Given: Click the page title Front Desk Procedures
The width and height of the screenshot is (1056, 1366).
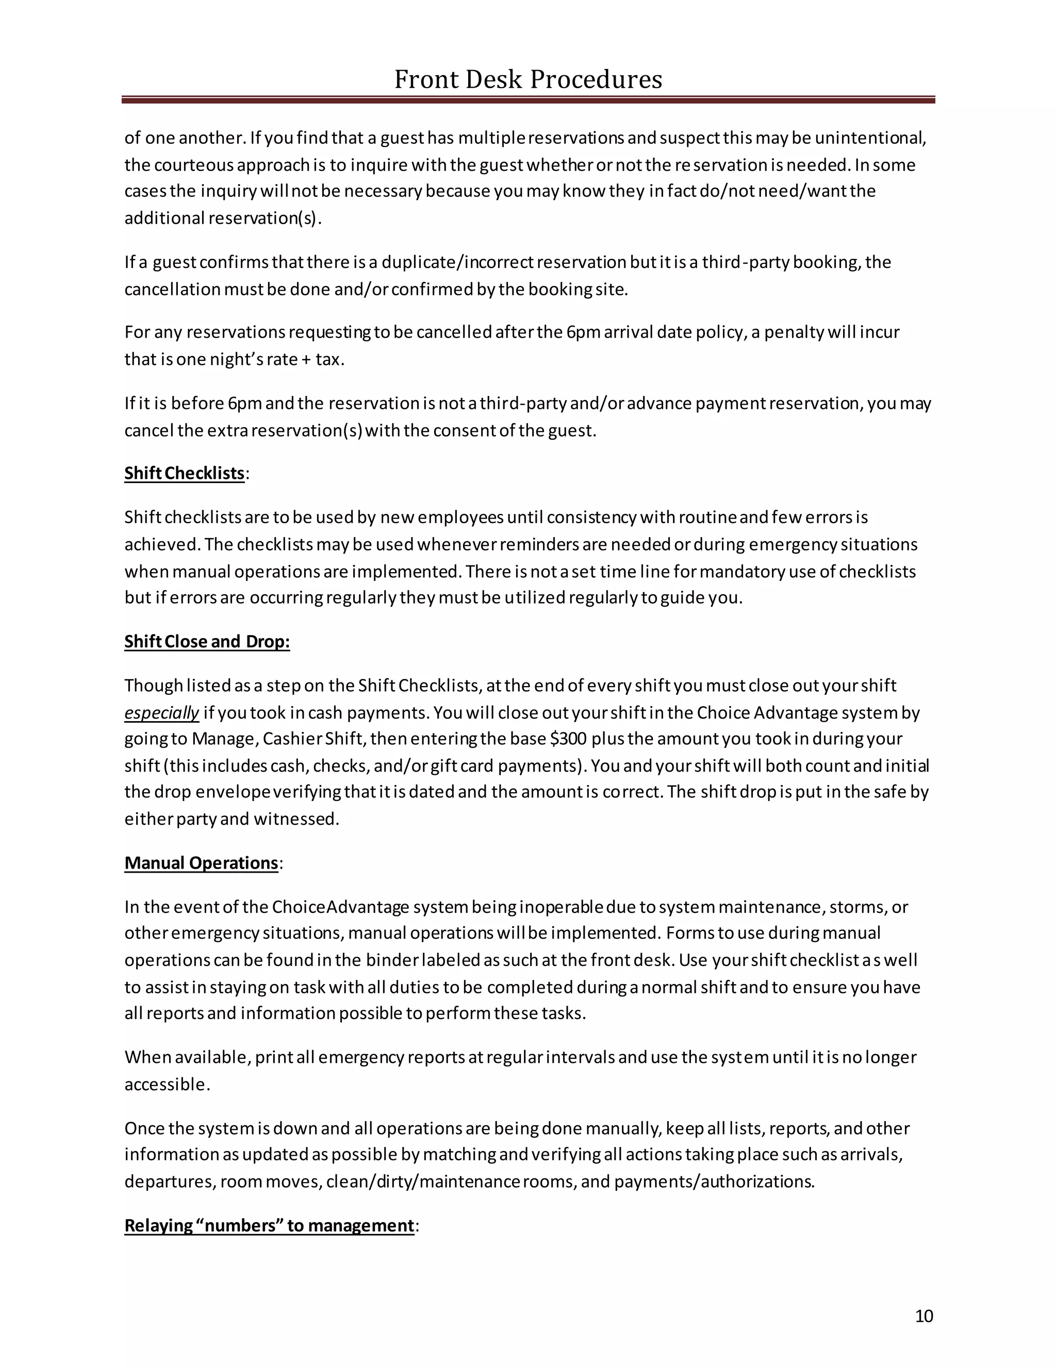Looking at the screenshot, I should tap(527, 79).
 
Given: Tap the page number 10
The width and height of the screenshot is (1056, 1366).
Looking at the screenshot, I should tap(923, 1316).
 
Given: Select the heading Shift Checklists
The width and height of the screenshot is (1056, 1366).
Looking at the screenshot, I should tap(184, 474).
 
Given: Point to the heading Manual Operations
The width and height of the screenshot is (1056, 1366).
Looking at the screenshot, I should tap(201, 863).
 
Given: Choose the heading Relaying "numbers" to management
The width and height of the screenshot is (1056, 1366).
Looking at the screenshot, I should tap(269, 1225).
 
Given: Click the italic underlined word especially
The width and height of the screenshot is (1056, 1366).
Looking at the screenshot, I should tap(161, 713).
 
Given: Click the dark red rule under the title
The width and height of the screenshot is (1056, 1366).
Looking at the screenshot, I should tap(527, 99).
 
